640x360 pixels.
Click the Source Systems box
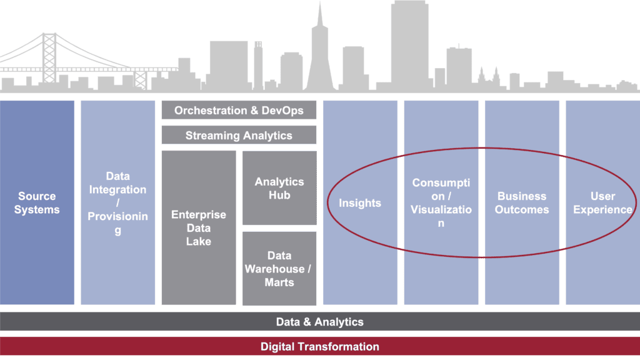37,203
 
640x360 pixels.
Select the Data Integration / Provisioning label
117,203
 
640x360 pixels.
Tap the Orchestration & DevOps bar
239,111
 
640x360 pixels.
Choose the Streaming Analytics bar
239,135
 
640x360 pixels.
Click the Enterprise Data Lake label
199,228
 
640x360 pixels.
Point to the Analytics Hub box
279,188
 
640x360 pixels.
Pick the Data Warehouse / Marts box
279,269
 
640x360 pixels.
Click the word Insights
360,203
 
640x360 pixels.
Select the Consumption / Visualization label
441,203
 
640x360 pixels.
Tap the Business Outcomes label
522,203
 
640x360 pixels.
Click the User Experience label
602,203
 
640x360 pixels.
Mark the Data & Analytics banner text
320,322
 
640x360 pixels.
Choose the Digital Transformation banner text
320,346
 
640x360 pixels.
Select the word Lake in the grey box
199,241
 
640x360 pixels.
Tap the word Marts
279,282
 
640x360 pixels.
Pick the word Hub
279,195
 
